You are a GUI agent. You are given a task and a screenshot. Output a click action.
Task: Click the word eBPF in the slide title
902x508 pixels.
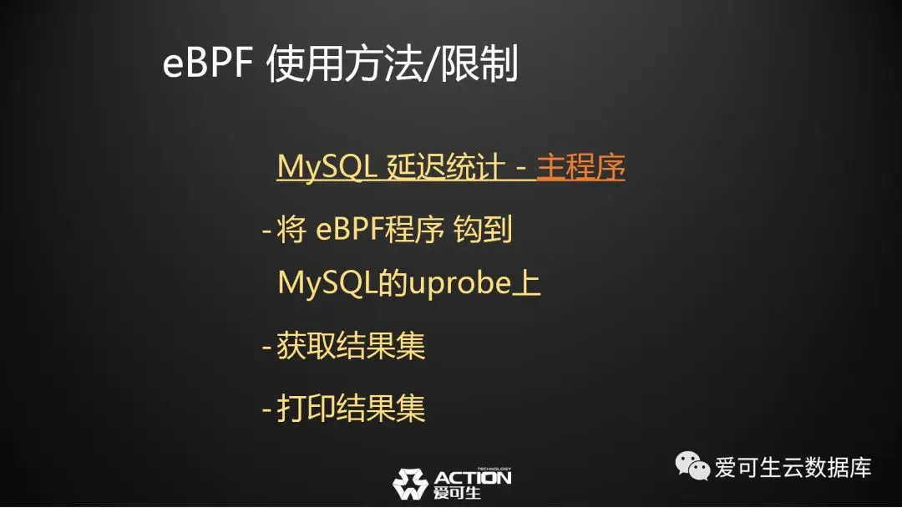208,63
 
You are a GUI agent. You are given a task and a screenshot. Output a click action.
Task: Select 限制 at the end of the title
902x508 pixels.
479,63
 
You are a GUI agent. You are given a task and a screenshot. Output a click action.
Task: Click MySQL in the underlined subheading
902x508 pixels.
327,168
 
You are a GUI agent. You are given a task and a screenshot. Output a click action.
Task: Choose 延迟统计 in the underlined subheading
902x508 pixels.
446,168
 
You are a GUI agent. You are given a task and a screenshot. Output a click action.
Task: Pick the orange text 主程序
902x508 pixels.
581,168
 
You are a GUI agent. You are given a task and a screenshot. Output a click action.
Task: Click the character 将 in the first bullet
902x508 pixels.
291,230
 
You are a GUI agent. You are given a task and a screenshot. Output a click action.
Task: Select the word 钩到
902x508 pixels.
483,230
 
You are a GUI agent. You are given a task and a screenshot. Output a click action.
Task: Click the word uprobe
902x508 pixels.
459,283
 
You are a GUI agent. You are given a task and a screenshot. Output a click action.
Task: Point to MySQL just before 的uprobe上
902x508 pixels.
327,283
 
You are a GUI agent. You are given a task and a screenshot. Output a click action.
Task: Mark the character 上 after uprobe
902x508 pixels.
526,283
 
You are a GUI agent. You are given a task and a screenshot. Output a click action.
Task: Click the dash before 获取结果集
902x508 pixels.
267,347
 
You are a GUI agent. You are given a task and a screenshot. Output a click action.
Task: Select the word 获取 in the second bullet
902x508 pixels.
306,346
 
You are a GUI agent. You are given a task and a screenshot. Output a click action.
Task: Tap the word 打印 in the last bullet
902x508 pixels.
306,408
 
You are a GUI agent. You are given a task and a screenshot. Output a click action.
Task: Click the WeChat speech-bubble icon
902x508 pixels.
692,465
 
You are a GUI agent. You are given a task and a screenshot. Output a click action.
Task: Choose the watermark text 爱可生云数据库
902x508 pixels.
793,467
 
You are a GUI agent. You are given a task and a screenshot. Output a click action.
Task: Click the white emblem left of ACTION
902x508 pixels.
410,484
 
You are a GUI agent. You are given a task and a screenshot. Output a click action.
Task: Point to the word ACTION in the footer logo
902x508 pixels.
472,478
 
